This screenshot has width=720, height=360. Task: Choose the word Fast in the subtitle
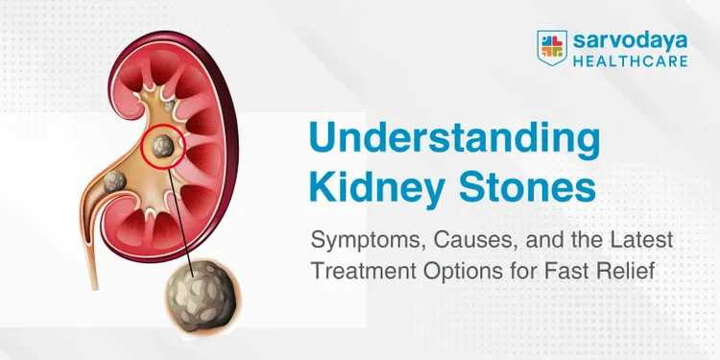(x=591, y=271)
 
